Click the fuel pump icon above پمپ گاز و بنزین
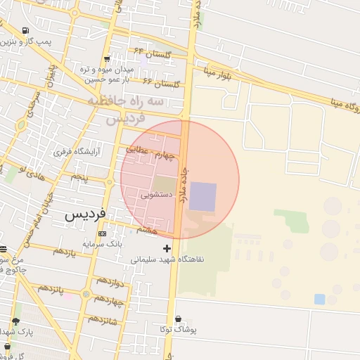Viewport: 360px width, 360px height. click(26, 31)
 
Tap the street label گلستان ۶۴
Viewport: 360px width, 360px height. click(148, 52)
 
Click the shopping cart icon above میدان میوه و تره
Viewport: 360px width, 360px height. click(106, 59)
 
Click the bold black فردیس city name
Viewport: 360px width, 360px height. click(85, 214)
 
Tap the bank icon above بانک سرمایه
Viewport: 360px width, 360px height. click(103, 233)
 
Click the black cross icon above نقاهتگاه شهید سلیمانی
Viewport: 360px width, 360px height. click(167, 248)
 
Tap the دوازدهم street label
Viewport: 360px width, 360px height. click(110, 281)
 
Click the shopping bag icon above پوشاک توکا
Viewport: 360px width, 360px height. click(177, 319)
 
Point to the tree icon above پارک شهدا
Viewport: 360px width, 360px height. click(16, 321)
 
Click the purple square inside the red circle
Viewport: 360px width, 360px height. click(203, 196)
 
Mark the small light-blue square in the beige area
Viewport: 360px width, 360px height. click(320, 299)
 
